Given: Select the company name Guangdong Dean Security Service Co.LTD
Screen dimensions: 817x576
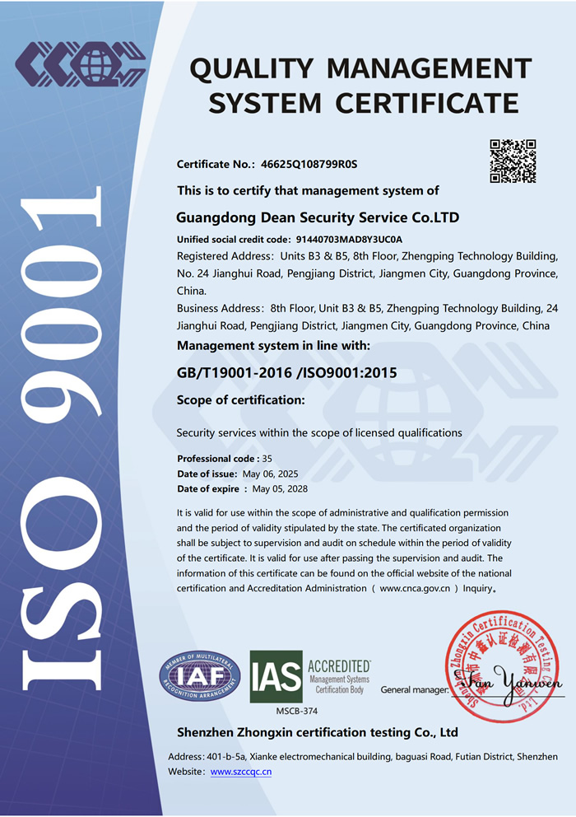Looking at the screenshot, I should pyautogui.click(x=318, y=218).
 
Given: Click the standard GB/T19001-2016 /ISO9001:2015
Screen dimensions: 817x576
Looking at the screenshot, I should pyautogui.click(x=286, y=373).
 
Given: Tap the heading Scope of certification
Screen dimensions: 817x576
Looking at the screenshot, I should pyautogui.click(x=241, y=400).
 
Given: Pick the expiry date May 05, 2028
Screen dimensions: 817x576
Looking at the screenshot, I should pyautogui.click(x=281, y=489).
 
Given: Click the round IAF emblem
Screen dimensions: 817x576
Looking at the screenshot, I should pyautogui.click(x=200, y=675).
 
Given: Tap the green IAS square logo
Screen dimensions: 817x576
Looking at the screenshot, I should pyautogui.click(x=276, y=676).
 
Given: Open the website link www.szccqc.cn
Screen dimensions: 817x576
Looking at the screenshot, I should pyautogui.click(x=241, y=772).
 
